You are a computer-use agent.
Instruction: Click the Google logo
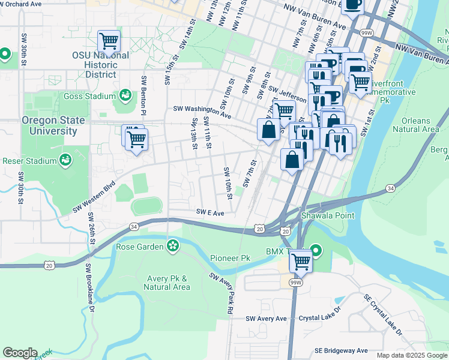pos(20,353)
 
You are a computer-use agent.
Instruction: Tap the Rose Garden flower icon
pos(173,246)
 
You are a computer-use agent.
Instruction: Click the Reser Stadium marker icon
pos(65,160)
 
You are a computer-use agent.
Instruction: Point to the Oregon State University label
pos(53,125)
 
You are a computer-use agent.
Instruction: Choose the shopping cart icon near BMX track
pos(300,261)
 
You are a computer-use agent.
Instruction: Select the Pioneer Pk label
pos(230,258)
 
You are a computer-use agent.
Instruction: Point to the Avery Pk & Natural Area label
pos(167,283)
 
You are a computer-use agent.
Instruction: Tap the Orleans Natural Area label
pos(420,124)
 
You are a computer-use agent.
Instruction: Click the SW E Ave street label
pos(209,212)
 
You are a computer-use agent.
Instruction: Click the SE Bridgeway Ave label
pos(341,350)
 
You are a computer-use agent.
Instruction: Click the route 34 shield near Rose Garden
pos(133,226)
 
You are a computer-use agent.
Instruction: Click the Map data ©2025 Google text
pos(411,355)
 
